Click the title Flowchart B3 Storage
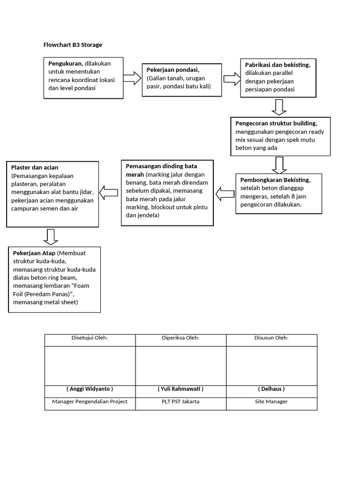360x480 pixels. [x=73, y=45]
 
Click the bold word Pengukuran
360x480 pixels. [x=65, y=64]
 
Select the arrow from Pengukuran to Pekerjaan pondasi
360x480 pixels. [x=132, y=78]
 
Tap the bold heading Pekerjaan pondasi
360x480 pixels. [x=173, y=69]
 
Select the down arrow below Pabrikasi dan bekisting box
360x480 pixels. [x=279, y=107]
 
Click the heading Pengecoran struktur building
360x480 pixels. [x=276, y=123]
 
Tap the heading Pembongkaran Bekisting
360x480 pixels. [x=275, y=180]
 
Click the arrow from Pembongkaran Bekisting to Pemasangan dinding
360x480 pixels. [x=225, y=193]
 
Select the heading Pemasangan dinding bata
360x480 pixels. [x=161, y=166]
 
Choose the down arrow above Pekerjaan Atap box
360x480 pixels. [x=51, y=237]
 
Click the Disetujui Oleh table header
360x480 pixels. [x=90, y=337]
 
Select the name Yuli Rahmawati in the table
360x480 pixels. [x=180, y=389]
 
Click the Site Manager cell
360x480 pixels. [x=271, y=401]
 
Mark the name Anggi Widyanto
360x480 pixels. [x=90, y=389]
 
